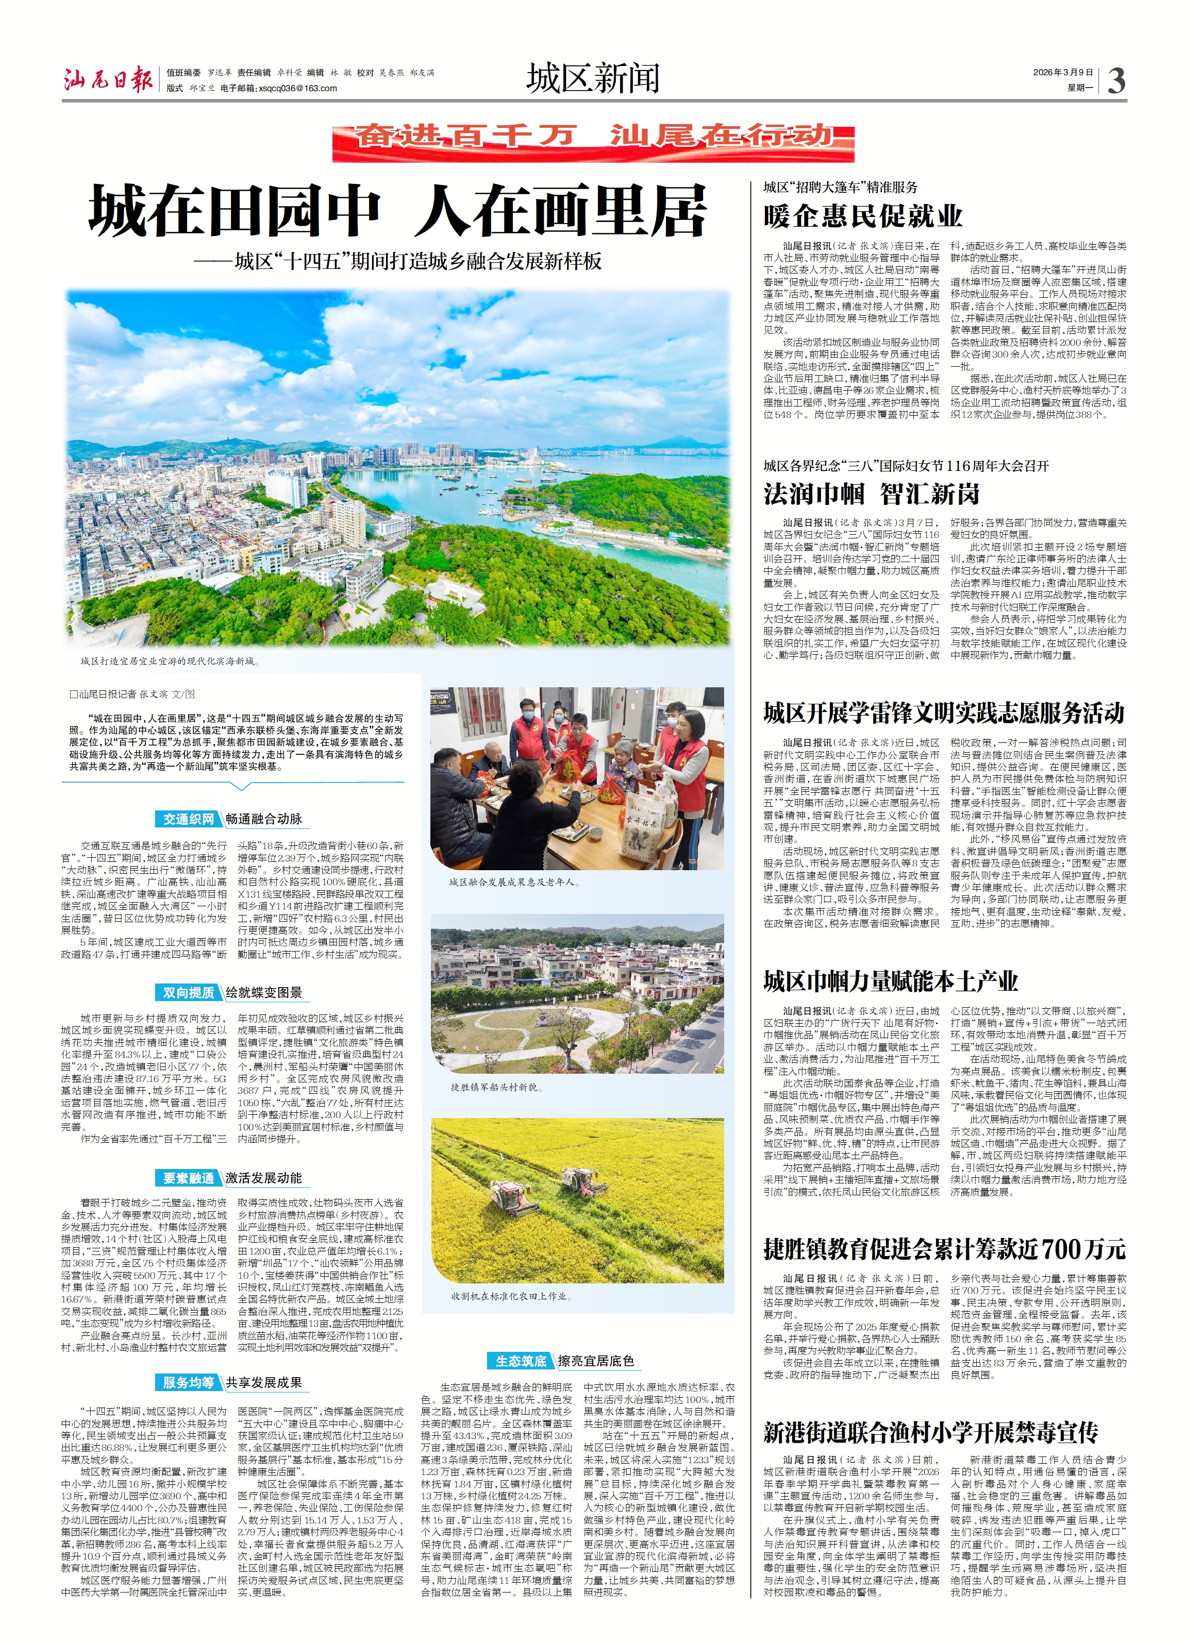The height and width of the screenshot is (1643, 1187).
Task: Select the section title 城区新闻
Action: (593, 78)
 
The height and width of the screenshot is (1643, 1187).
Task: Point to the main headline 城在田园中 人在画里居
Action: (397, 211)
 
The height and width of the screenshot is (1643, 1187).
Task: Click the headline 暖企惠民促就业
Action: (862, 216)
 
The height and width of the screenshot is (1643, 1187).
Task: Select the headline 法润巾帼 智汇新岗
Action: (871, 494)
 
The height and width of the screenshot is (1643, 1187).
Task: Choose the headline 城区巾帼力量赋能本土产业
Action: (891, 981)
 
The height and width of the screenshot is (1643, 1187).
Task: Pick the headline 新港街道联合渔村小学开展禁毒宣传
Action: (930, 1432)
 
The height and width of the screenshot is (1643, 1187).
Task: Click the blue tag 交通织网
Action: (189, 819)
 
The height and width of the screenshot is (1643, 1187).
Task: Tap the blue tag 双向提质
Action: (189, 992)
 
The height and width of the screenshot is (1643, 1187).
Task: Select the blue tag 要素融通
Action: (189, 1179)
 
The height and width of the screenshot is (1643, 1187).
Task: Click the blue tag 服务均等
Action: (189, 1383)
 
